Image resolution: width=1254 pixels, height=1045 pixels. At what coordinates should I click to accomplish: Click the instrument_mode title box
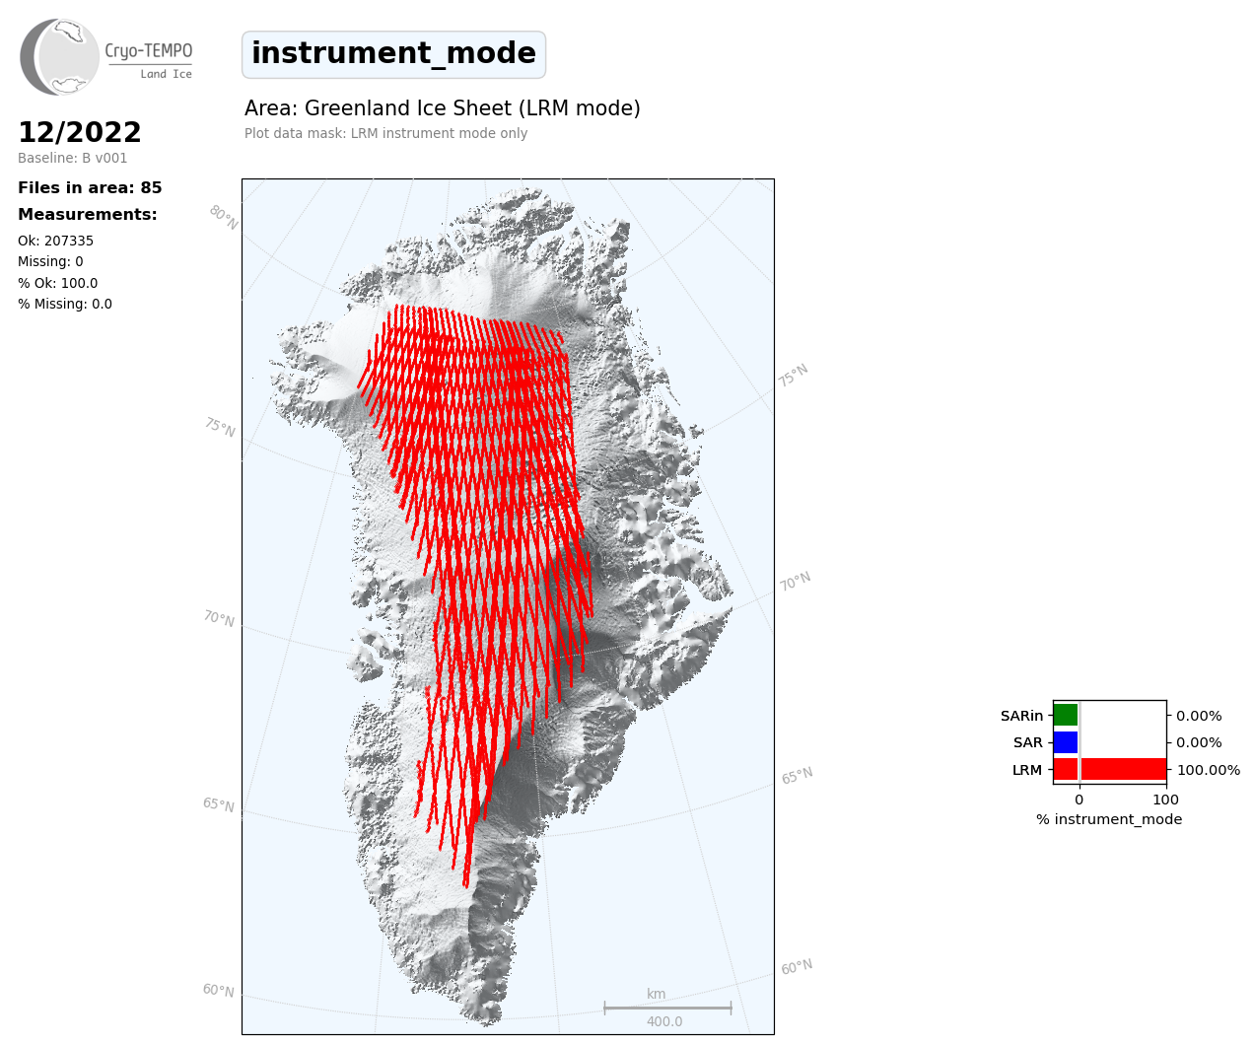point(393,54)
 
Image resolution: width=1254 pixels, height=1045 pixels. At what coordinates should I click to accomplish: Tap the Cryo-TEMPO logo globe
point(59,56)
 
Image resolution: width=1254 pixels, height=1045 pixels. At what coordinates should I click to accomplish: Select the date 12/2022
point(79,132)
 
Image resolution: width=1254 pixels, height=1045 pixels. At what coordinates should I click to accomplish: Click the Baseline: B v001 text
point(72,158)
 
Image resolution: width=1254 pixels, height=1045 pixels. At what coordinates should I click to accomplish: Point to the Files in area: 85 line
point(90,187)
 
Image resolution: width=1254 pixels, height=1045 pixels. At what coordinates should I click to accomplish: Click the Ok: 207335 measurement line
point(55,241)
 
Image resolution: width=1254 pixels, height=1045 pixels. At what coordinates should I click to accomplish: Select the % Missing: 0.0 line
point(65,304)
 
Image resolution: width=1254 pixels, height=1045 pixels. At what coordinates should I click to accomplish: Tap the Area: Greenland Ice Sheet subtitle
point(442,108)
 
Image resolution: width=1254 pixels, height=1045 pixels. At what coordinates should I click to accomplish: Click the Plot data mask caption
point(385,133)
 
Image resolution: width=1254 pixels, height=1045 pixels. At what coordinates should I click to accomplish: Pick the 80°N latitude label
point(224,218)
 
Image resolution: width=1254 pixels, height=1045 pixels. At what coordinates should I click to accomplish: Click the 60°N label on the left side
point(218,990)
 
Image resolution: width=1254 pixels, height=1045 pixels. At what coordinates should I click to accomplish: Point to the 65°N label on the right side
point(797,775)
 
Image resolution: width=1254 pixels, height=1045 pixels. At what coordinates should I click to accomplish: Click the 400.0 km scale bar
point(667,1008)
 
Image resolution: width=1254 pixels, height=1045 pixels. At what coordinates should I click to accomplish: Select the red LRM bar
point(1110,769)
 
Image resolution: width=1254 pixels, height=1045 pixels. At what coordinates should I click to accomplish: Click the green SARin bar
point(1066,716)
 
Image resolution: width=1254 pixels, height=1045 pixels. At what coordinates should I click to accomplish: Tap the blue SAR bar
point(1066,742)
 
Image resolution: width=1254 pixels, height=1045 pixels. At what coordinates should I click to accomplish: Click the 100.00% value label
point(1209,770)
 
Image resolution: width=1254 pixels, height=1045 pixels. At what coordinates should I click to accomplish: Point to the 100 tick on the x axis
point(1165,800)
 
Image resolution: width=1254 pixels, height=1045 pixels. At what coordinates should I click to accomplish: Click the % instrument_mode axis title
point(1109,820)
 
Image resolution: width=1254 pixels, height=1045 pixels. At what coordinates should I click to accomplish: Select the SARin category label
point(1021,716)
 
